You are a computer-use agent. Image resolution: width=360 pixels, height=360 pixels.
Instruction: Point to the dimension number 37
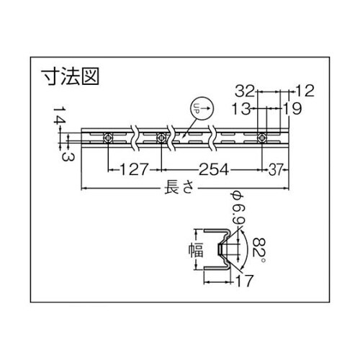(x=275, y=170)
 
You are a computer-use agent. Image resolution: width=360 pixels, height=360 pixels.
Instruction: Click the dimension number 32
(x=246, y=91)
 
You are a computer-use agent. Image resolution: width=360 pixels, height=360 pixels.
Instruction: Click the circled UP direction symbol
(x=199, y=108)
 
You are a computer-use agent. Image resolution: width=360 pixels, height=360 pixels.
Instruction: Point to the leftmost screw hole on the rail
(x=108, y=138)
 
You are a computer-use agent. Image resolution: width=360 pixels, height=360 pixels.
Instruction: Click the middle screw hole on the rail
(x=161, y=138)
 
